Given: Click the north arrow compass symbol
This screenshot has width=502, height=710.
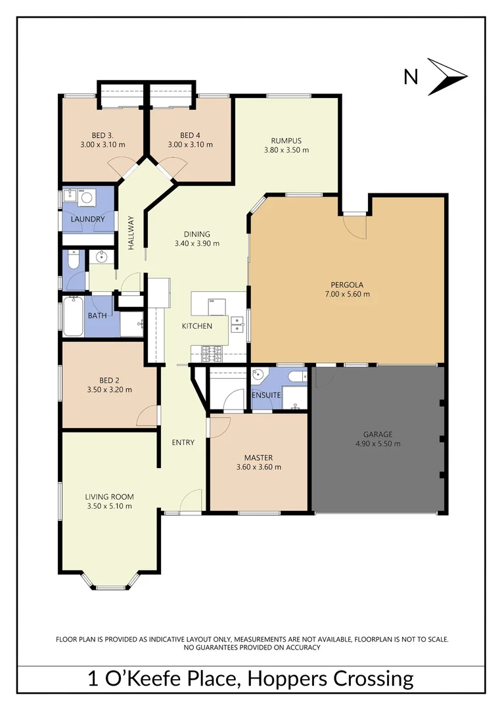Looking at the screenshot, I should click(447, 77).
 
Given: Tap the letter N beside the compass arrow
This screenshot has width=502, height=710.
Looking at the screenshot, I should click(411, 78).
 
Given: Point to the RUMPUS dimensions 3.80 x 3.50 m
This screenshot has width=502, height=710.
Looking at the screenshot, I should click(286, 150).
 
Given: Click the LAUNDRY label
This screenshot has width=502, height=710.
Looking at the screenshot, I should click(88, 219).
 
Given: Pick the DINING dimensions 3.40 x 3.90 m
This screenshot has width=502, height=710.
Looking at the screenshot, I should click(197, 243).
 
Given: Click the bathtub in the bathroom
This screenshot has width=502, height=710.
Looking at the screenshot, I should click(74, 318).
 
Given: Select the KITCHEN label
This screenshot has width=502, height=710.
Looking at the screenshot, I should click(197, 326).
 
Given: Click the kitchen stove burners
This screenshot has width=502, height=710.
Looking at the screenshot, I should click(214, 354).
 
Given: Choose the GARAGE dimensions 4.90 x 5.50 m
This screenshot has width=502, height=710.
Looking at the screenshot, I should click(378, 444).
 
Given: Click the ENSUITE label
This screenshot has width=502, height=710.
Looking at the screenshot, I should click(267, 395).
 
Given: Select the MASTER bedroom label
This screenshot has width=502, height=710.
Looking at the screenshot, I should click(258, 458).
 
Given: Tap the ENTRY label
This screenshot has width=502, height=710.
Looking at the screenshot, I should click(183, 442).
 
